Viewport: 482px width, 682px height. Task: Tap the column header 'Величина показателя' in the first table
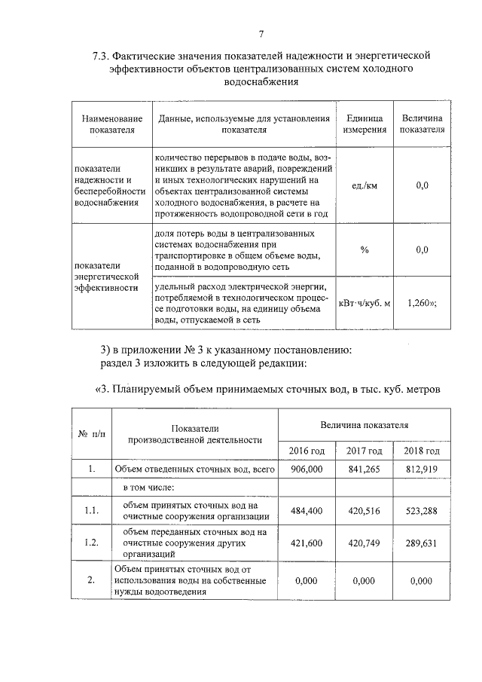422,124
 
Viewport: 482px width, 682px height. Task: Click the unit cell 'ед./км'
364,185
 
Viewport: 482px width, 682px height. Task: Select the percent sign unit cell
364,250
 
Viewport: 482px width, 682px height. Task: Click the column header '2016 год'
307,451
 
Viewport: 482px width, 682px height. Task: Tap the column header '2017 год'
364,451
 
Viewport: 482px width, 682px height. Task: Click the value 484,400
307,511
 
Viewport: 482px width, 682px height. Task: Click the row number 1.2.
92,542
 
